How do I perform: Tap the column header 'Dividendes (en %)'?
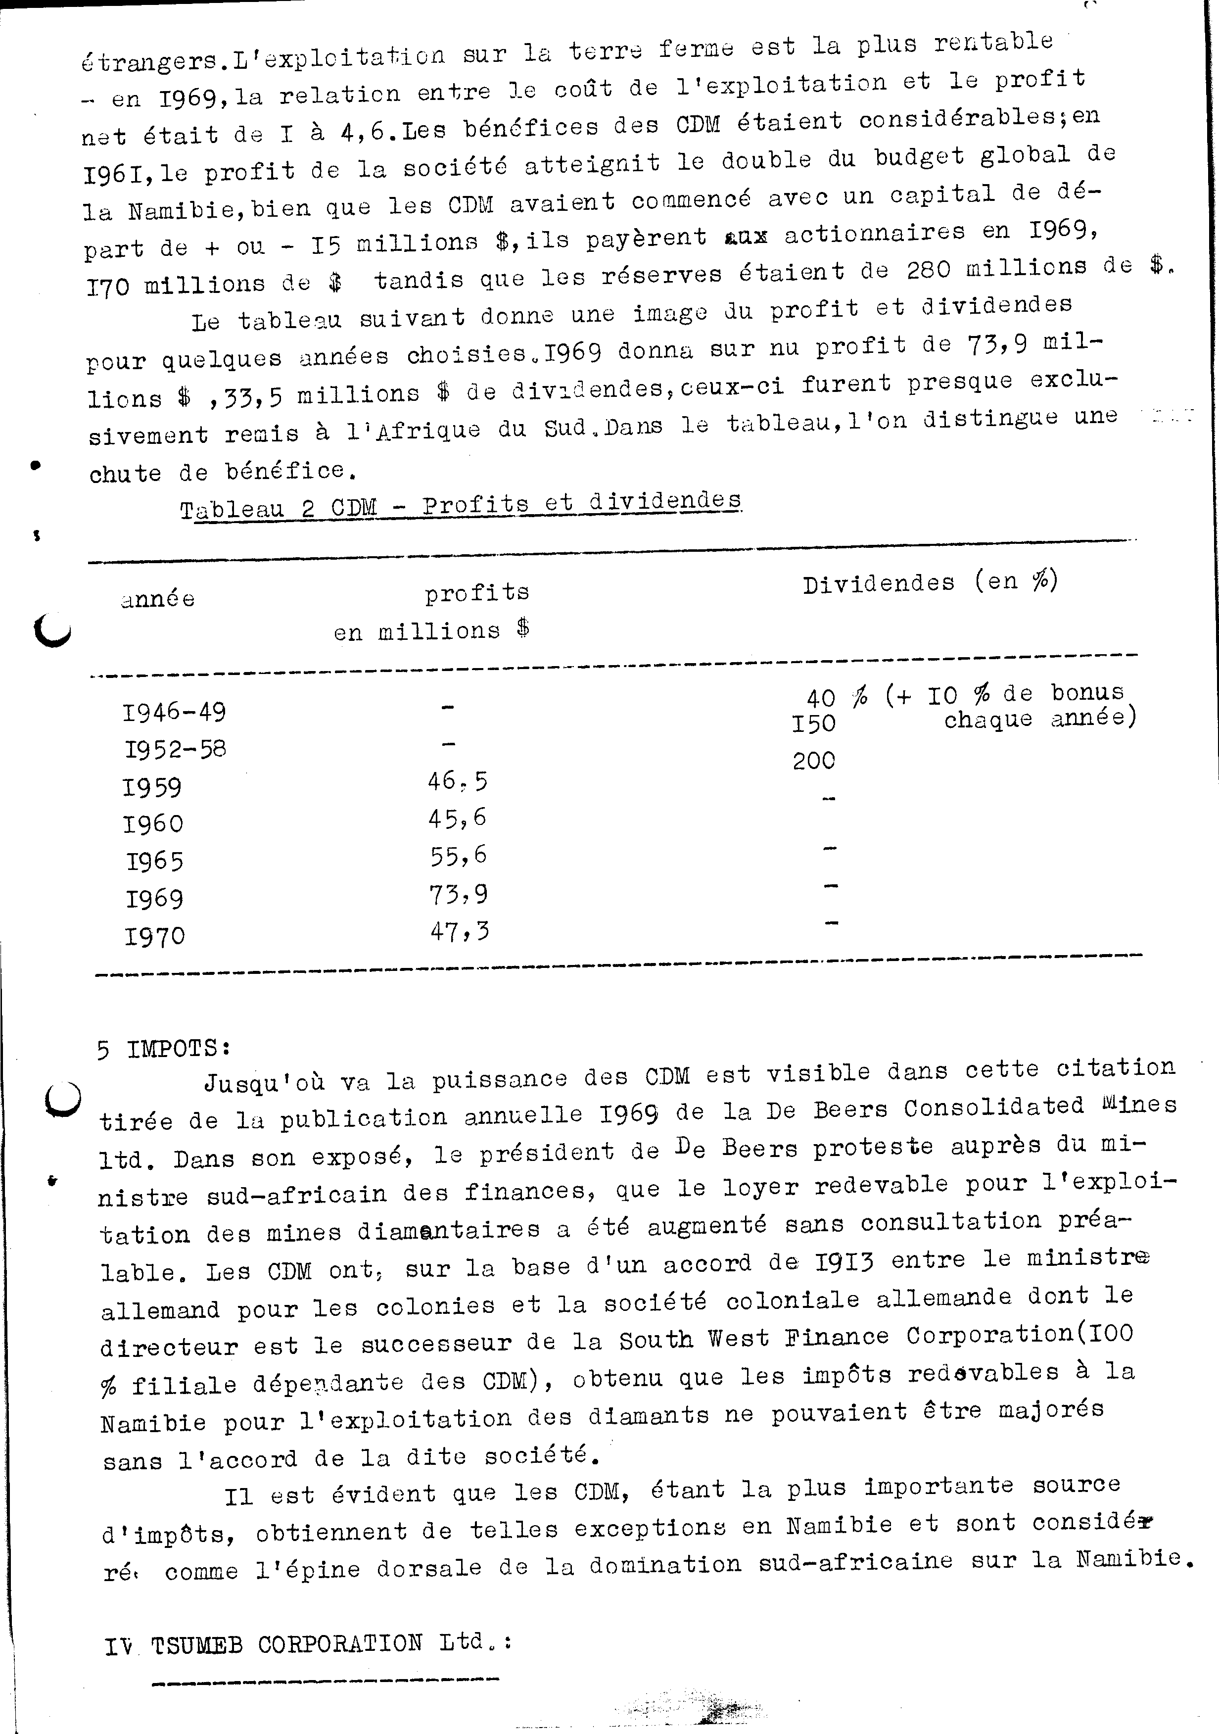(x=930, y=582)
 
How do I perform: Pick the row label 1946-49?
(x=174, y=712)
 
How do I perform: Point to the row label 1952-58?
(x=175, y=749)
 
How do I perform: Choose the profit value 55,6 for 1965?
(x=458, y=856)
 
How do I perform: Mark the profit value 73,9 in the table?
(x=458, y=894)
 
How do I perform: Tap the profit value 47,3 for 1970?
(x=459, y=931)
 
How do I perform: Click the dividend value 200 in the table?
(x=814, y=761)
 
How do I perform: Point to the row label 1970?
(x=155, y=936)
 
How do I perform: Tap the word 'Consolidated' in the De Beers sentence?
(x=994, y=1107)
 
